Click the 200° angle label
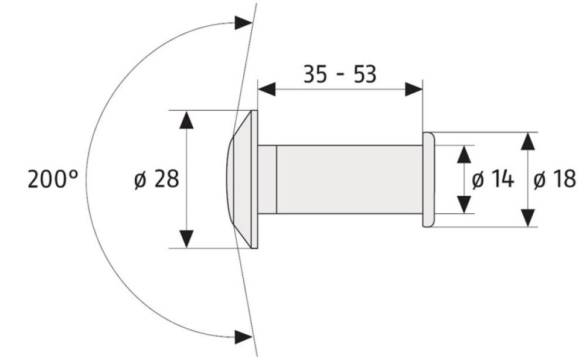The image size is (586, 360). pos(53,179)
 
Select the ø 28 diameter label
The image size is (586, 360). pos(156,179)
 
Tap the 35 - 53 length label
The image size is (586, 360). pos(339,74)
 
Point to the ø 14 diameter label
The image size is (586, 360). pos(493,179)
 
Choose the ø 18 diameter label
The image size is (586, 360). pos(555,179)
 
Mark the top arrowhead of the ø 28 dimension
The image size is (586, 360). pos(186,119)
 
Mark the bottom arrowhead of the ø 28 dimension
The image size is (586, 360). pos(186,239)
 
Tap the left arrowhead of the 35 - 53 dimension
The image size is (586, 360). pos(267,90)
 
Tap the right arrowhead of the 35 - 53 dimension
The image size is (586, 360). pos(414,90)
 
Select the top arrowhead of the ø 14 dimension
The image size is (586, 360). pos(464,154)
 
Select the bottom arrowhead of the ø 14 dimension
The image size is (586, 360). pos(464,204)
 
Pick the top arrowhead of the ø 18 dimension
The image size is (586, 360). pos(529,141)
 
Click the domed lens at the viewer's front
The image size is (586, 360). pos(229,179)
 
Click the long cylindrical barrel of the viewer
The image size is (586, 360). pos(349,179)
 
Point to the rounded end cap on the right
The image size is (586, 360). pos(428,179)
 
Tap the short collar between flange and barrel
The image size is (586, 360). pos(267,179)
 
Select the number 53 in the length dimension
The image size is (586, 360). pos(363,74)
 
